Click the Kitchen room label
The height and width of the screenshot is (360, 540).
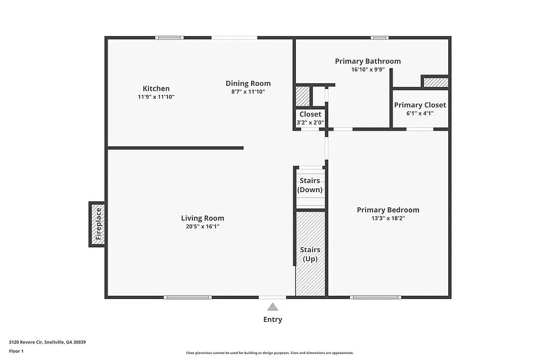tap(156, 89)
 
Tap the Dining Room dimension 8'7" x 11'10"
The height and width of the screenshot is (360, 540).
tap(248, 92)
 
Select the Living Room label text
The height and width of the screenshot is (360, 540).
tap(202, 218)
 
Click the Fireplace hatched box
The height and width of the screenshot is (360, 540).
tap(98, 224)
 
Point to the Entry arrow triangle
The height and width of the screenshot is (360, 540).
tap(273, 307)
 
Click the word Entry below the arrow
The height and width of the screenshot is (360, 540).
tap(273, 320)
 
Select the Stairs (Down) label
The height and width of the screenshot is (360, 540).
tap(310, 185)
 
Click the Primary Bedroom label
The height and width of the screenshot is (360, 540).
tap(388, 210)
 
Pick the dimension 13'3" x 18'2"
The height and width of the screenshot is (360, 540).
tap(388, 219)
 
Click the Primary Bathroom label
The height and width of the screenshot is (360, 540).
tap(368, 61)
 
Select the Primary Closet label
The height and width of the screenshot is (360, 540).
tap(420, 105)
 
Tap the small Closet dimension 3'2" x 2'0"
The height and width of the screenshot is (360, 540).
tap(310, 123)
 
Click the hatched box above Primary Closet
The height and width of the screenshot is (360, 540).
tap(435, 83)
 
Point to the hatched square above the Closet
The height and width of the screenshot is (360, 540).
tap(302, 96)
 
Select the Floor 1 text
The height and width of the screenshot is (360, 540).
tap(16, 351)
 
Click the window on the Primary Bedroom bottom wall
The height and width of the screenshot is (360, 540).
tap(375, 297)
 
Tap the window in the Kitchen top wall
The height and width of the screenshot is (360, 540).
tap(169, 37)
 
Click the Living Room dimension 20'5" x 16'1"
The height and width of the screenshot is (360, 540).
tap(202, 227)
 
